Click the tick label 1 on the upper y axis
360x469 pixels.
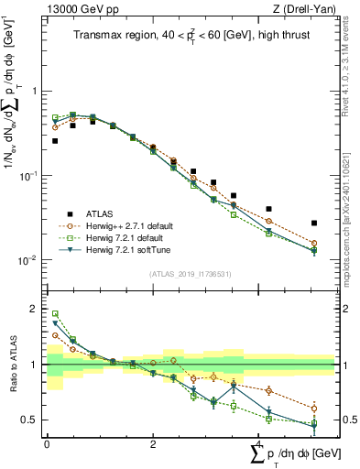[34, 92]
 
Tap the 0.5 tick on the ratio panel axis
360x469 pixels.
[30, 420]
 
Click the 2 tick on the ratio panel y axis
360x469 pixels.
[34, 309]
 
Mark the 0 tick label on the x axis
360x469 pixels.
[47, 442]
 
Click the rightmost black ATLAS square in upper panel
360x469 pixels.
[314, 223]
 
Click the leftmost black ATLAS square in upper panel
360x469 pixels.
[55, 141]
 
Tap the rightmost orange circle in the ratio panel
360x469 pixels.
[314, 409]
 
